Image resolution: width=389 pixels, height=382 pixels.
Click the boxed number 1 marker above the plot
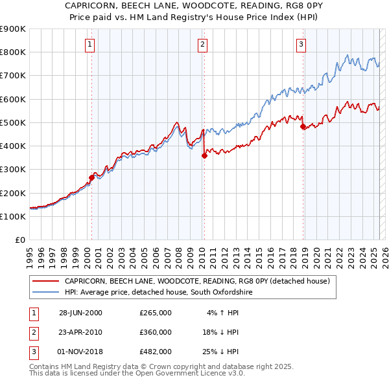tap(89, 45)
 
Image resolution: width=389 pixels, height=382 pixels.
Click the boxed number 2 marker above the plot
tap(203, 45)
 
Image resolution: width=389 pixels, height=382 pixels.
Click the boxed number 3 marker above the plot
tap(301, 45)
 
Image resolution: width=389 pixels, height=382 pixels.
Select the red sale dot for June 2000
tap(92, 177)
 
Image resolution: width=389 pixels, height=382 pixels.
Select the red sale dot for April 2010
tap(204, 155)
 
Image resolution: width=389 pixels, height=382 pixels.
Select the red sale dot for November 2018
tap(303, 127)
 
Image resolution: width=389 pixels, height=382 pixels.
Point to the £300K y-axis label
tap(13, 170)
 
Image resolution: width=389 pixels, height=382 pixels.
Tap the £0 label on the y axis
tap(19, 240)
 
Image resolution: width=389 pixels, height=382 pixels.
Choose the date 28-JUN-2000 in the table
tap(80, 313)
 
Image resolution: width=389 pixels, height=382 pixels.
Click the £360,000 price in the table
tap(156, 332)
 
